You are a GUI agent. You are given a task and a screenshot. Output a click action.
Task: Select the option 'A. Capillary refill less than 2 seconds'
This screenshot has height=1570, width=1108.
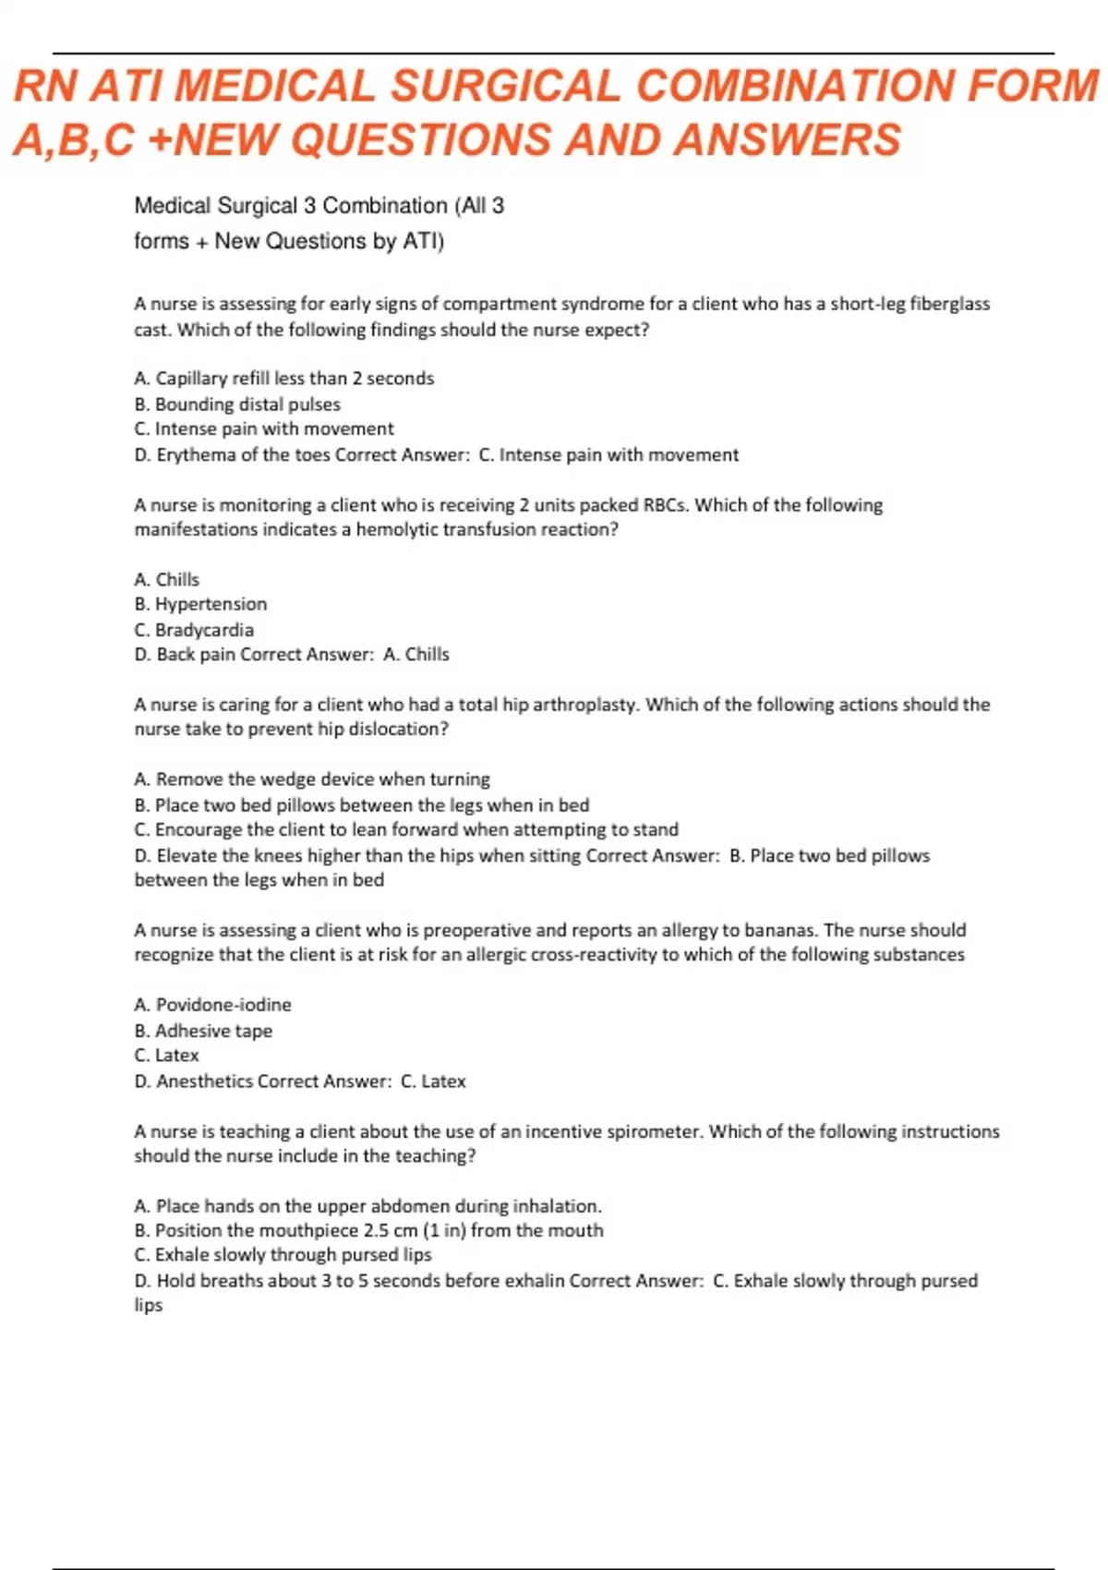(283, 379)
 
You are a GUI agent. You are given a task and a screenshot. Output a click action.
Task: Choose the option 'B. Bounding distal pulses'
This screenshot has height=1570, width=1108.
(237, 405)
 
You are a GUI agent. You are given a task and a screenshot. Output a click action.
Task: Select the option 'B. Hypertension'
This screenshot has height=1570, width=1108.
(200, 604)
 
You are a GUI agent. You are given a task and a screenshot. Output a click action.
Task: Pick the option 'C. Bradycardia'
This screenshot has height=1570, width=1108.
(194, 630)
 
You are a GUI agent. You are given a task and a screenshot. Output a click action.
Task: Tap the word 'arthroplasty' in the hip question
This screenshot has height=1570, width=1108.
(584, 705)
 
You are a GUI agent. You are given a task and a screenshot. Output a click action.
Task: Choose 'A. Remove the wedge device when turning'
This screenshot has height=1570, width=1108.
(312, 779)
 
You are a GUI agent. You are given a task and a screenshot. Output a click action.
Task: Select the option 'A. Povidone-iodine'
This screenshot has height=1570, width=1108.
(212, 1005)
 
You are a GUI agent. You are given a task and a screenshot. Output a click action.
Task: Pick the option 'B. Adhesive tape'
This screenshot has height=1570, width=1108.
(203, 1031)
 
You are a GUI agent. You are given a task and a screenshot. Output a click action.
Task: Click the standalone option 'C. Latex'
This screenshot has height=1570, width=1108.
(166, 1056)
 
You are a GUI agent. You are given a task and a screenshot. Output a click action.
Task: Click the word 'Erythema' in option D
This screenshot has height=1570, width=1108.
(197, 455)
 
